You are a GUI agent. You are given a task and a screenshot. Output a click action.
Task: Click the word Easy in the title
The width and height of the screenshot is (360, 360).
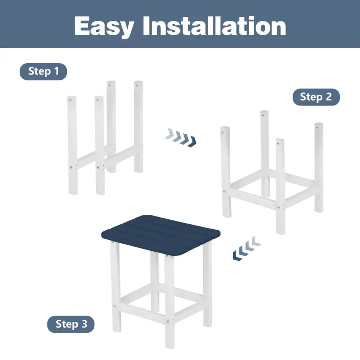pos(104,26)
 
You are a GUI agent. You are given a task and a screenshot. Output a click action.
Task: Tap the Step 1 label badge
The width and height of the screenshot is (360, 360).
pos(43,71)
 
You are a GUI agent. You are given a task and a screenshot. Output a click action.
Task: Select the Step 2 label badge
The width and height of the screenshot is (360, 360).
pos(316,97)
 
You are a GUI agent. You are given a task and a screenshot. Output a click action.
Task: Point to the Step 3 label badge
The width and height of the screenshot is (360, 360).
pos(71,324)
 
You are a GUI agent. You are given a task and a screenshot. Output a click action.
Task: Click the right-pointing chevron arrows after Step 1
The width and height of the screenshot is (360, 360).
pos(181,137)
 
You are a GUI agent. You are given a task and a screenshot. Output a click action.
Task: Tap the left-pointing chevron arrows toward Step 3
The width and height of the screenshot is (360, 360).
pos(247,248)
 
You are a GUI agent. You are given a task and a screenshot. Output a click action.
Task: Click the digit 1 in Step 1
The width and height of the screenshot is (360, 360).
pos(57,71)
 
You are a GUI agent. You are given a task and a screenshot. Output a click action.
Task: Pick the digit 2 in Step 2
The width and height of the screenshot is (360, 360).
pos(329,97)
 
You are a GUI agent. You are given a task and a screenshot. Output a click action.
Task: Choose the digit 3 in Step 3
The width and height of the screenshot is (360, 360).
pos(84,324)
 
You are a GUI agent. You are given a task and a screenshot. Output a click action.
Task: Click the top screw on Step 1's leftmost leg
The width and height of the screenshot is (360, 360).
pos(71,99)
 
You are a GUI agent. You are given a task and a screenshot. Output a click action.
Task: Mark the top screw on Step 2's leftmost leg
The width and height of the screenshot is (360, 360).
pos(222,132)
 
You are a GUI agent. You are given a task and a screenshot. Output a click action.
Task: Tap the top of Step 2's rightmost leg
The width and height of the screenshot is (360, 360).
pos(319,124)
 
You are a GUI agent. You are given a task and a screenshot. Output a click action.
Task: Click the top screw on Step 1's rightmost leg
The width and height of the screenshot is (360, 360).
pos(137,86)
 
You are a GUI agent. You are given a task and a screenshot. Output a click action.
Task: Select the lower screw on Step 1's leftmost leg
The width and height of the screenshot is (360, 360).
pos(71,167)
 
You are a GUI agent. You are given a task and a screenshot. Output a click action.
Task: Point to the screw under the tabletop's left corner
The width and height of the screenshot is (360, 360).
pos(112,242)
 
